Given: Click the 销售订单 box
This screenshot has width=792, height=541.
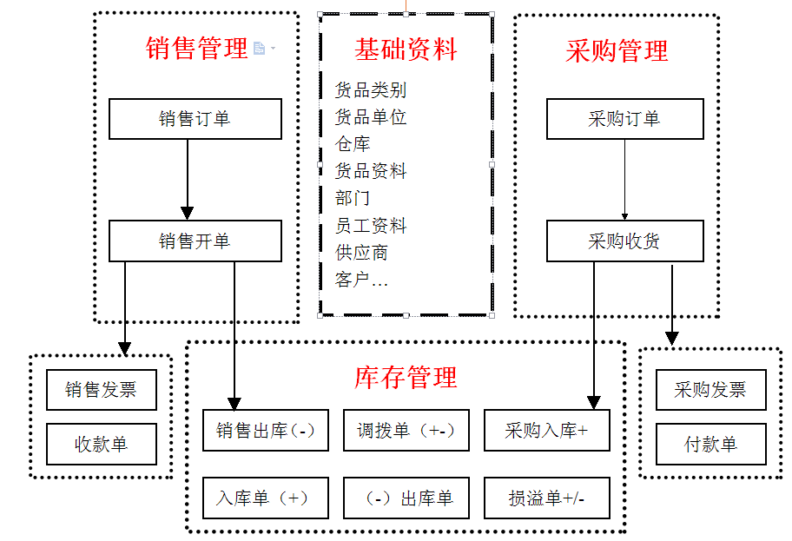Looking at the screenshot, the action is pyautogui.click(x=195, y=119).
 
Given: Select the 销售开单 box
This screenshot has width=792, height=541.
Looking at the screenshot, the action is pyautogui.click(x=195, y=241).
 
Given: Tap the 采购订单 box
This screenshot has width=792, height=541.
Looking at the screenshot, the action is pyautogui.click(x=624, y=119).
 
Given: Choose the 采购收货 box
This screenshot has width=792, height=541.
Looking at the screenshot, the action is pyautogui.click(x=624, y=241).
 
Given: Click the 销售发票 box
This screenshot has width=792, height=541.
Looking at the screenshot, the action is pyautogui.click(x=102, y=389).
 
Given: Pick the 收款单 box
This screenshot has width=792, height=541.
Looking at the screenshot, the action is pyautogui.click(x=102, y=444).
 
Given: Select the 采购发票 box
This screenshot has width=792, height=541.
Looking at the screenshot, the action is pyautogui.click(x=710, y=389).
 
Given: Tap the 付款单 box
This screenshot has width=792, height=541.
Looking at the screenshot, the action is pyautogui.click(x=710, y=444).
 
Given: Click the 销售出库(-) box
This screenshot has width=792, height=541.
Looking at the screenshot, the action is pyautogui.click(x=266, y=431).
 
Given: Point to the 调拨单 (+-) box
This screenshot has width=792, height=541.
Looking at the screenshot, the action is pyautogui.click(x=406, y=431).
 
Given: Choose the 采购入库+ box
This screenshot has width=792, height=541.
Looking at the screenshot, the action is pyautogui.click(x=547, y=431).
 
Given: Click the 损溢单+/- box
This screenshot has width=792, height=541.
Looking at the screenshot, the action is pyautogui.click(x=547, y=498).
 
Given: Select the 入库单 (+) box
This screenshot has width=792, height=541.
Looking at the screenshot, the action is pyautogui.click(x=266, y=498).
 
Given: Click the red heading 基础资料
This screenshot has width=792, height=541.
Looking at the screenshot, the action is pyautogui.click(x=406, y=49).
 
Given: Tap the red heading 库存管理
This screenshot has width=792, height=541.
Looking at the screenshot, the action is pyautogui.click(x=406, y=378).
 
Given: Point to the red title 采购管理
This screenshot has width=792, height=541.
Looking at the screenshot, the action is pyautogui.click(x=617, y=50).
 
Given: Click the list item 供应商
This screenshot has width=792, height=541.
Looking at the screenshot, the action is pyautogui.click(x=361, y=253).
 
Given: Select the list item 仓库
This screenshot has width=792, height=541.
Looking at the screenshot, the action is pyautogui.click(x=353, y=144).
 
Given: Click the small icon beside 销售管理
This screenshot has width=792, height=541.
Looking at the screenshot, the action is pyautogui.click(x=259, y=48).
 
